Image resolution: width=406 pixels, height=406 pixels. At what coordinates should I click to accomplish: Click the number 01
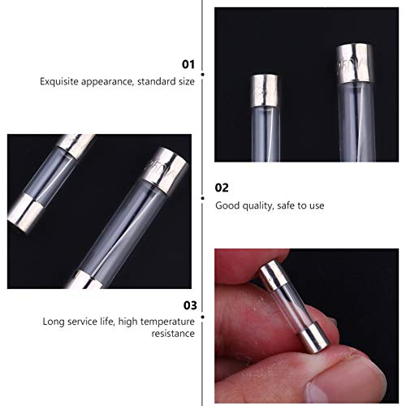coord(188,63)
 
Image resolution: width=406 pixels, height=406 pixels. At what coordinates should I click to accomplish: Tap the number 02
coord(222,187)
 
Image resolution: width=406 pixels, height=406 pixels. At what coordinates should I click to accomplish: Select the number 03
coord(188,305)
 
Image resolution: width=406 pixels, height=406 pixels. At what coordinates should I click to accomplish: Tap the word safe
coord(291,205)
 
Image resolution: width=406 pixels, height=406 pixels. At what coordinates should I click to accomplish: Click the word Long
coord(54,321)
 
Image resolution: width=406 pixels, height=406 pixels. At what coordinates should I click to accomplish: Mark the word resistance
coord(171,334)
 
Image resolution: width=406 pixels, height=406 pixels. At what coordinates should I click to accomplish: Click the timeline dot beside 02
coord(202,187)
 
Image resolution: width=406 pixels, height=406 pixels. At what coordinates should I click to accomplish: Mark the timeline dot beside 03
coord(202,305)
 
